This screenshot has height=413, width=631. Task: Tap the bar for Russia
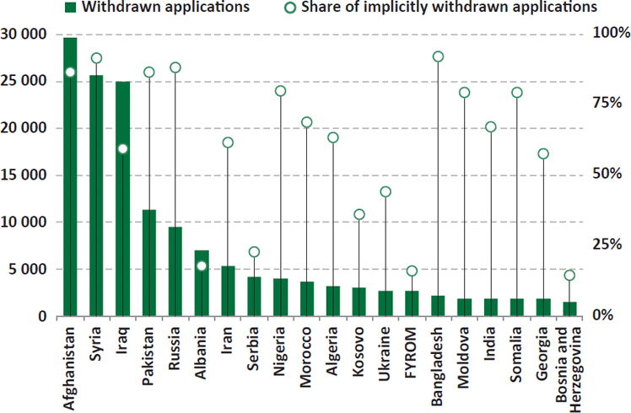pos(175,271)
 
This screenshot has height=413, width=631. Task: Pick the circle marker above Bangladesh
pos(438,56)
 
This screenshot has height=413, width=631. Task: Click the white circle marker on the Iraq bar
pos(122,149)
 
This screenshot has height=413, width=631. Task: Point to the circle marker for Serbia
pos(254,252)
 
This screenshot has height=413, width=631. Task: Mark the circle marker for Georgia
pos(543,154)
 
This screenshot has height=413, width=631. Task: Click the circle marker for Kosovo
pos(359,214)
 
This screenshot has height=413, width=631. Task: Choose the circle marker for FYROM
pos(412,271)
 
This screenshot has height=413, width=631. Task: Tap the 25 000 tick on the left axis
pos(27,82)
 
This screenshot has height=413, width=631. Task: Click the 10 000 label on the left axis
pos(27,223)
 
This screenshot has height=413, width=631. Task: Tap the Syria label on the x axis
pos(96,341)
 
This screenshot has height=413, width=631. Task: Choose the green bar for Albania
pos(201,283)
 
